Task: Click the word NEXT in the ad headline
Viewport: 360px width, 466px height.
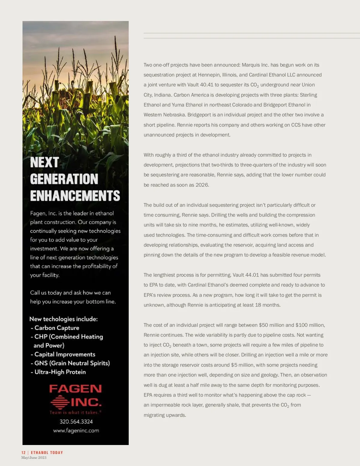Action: [x=44, y=162]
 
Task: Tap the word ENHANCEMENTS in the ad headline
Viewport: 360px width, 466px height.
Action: [x=75, y=196]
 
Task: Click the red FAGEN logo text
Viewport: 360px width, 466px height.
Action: [x=75, y=389]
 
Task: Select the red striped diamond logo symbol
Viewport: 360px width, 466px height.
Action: [x=60, y=402]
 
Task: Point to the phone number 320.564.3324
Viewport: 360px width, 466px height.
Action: [x=76, y=422]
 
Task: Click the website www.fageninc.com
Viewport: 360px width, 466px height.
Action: [x=76, y=431]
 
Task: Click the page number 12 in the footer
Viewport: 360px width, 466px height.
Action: [x=23, y=452]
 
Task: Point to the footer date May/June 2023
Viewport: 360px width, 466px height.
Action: [x=34, y=458]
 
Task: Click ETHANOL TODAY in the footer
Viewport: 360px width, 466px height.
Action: [x=47, y=452]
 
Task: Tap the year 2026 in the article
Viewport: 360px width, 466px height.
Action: [x=202, y=185]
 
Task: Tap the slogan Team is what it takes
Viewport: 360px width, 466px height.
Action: [x=75, y=412]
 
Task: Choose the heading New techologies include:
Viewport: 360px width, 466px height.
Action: [x=64, y=319]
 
